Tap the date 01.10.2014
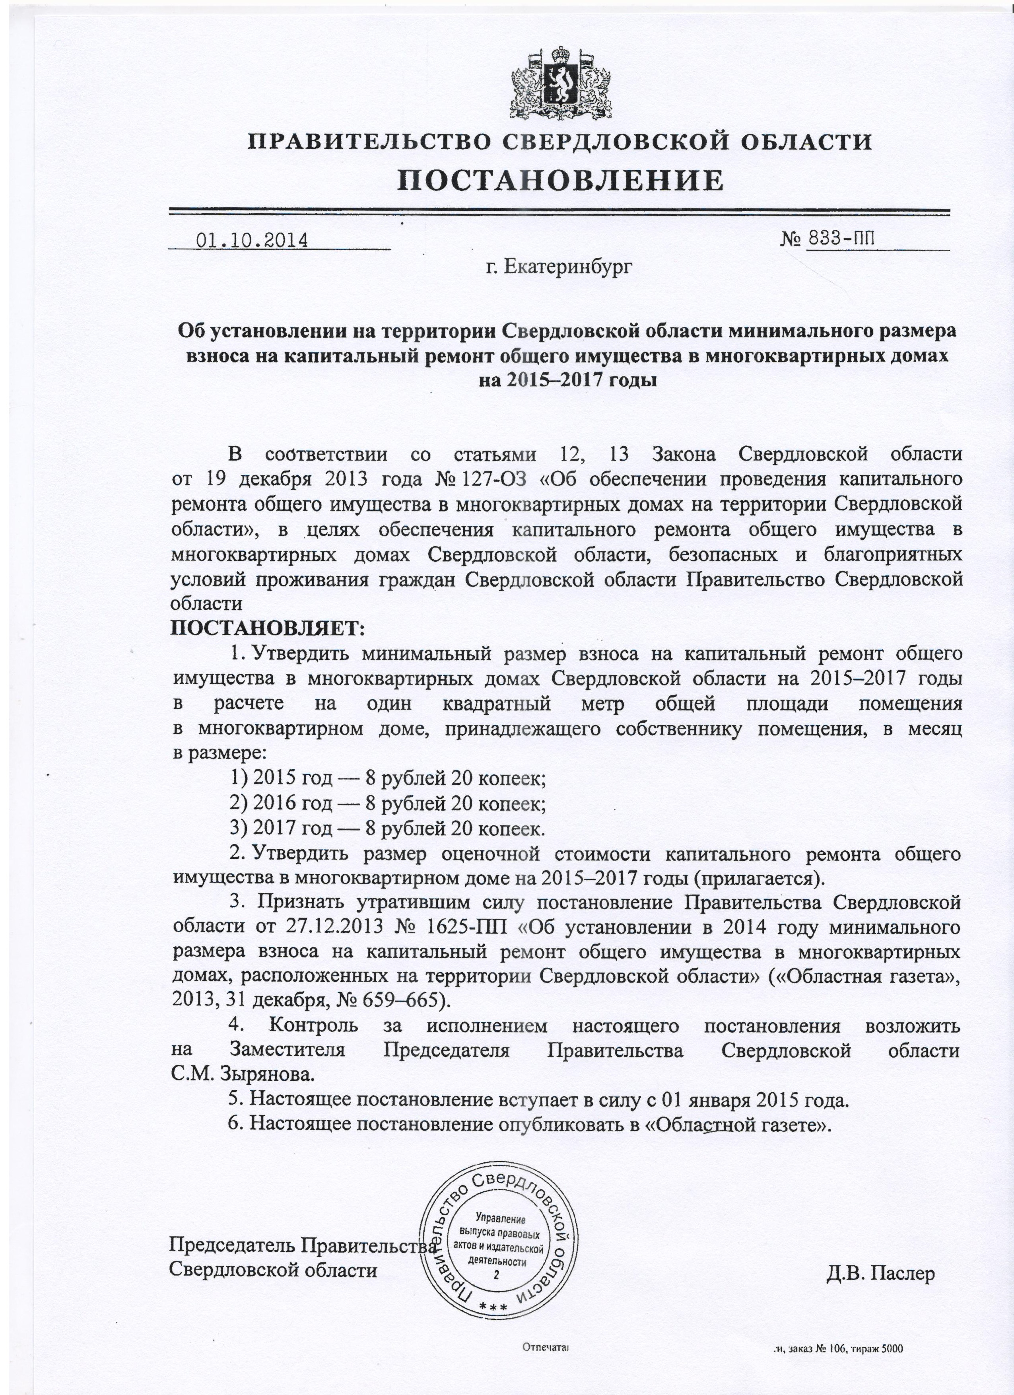point(251,239)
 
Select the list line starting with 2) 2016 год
point(387,803)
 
